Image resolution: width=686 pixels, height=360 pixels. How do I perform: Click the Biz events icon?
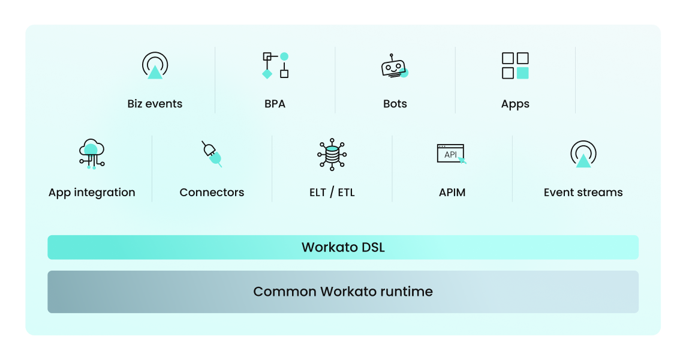[155, 65]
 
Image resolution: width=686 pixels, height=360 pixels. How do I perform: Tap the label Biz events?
[155, 104]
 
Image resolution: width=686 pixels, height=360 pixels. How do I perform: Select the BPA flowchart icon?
[275, 65]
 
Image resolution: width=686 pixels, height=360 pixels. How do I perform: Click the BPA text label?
[275, 104]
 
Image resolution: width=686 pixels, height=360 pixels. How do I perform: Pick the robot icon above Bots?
[395, 66]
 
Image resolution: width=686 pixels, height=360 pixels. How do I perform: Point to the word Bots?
[395, 104]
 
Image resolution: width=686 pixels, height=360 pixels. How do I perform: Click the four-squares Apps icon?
[515, 65]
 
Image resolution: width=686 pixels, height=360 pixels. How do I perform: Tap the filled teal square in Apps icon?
[523, 73]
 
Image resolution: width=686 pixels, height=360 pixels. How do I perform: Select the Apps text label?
[515, 104]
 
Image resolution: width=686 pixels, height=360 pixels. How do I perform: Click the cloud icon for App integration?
[92, 153]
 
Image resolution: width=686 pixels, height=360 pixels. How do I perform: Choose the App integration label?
[92, 193]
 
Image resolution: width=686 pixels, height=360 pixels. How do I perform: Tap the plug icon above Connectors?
[212, 154]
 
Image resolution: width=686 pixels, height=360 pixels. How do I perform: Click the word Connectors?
[212, 193]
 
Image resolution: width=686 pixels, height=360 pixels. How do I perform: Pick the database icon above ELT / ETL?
[332, 154]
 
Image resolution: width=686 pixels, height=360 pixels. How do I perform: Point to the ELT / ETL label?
[332, 193]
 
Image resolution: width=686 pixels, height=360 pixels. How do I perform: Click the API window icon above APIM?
[452, 154]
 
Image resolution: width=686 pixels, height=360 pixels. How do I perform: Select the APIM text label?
[452, 193]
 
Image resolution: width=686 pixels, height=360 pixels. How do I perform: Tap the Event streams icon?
[583, 154]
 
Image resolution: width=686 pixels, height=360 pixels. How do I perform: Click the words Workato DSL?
[342, 247]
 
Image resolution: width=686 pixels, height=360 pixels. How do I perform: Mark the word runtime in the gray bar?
[406, 292]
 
